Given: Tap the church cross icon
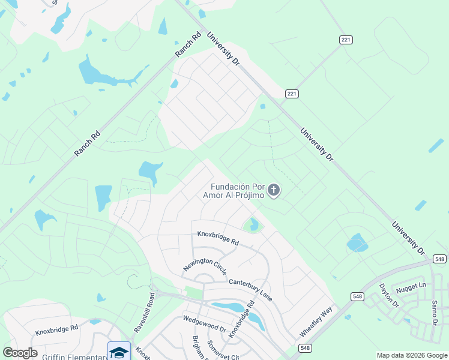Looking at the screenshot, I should (x=274, y=191).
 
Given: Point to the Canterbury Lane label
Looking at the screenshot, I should (x=250, y=289).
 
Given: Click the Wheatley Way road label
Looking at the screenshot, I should (x=316, y=323).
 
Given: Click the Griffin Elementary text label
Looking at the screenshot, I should (x=72, y=356).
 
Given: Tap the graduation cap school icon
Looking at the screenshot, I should (x=119, y=352).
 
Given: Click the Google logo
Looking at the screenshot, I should (x=20, y=353).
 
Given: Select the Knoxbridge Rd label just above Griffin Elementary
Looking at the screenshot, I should (x=57, y=329).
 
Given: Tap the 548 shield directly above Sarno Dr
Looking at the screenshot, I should (x=439, y=259).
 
